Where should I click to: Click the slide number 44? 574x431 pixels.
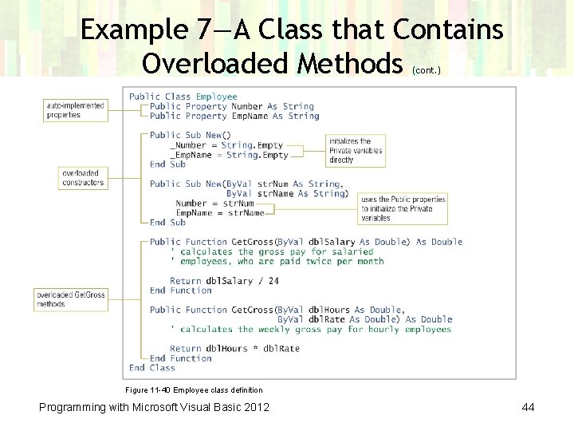pyautogui.click(x=528, y=407)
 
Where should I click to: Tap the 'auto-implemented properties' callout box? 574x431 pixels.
pyautogui.click(x=75, y=110)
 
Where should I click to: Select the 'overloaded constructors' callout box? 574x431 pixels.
pyautogui.click(x=82, y=178)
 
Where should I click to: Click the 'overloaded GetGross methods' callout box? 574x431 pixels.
pyautogui.click(x=70, y=299)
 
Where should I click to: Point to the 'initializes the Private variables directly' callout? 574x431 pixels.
pyautogui.click(x=356, y=150)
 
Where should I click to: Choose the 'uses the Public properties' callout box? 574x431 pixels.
pyautogui.click(x=403, y=208)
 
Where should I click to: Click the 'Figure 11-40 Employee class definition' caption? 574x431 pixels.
pyautogui.click(x=194, y=390)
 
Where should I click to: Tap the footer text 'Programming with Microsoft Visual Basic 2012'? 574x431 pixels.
pyautogui.click(x=154, y=407)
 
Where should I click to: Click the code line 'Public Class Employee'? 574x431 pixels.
pyautogui.click(x=183, y=97)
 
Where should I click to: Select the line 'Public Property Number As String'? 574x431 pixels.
pyautogui.click(x=231, y=106)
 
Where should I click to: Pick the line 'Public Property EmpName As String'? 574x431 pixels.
pyautogui.click(x=234, y=116)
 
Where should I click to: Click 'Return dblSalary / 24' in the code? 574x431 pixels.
pyautogui.click(x=224, y=281)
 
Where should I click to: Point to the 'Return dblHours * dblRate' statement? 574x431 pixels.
pyautogui.click(x=234, y=349)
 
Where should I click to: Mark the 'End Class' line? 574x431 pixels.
pyautogui.click(x=151, y=368)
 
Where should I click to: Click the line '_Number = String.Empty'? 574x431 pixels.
pyautogui.click(x=226, y=145)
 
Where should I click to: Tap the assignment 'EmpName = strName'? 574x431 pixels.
pyautogui.click(x=220, y=213)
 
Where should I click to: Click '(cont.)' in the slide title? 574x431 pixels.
pyautogui.click(x=427, y=70)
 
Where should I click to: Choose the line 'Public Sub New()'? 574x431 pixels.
pyautogui.click(x=190, y=135)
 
